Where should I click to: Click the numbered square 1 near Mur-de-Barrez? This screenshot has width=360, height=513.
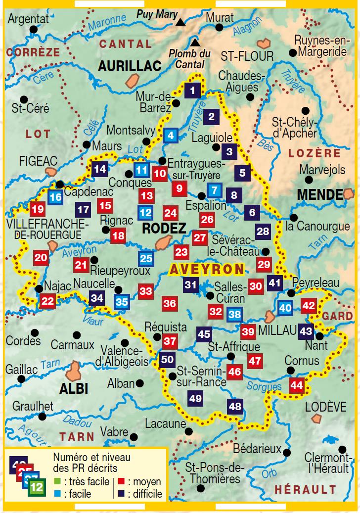[x=193, y=90]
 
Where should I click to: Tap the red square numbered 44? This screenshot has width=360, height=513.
[x=296, y=384]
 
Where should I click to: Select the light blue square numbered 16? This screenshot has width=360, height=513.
[x=55, y=197]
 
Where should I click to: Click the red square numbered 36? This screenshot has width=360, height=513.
[x=170, y=303]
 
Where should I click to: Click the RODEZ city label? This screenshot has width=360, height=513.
[x=164, y=229]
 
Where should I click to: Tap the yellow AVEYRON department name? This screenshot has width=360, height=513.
[x=207, y=270]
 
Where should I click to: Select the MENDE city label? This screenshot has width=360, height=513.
[x=319, y=194]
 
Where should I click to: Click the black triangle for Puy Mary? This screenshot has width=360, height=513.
[x=181, y=22]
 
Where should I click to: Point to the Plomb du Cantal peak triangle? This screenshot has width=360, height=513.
[x=196, y=42]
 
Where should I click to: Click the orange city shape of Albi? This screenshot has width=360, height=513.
[x=75, y=368]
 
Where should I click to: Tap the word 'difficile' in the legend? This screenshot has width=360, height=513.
[x=144, y=494]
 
